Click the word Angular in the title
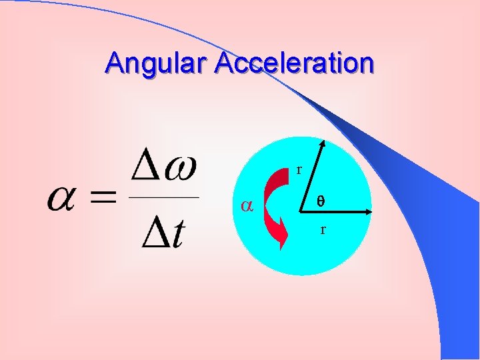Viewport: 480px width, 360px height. [x=157, y=63]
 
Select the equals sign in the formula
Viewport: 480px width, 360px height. [x=101, y=198]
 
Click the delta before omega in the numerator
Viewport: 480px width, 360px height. [x=147, y=167]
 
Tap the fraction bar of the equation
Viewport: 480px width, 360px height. [x=163, y=198]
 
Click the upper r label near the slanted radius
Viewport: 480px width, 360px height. [x=299, y=170]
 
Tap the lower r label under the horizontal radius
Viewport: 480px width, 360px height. [x=323, y=230]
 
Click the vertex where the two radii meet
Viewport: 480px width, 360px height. [x=302, y=212]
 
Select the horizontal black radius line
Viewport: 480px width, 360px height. [x=333, y=212]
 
